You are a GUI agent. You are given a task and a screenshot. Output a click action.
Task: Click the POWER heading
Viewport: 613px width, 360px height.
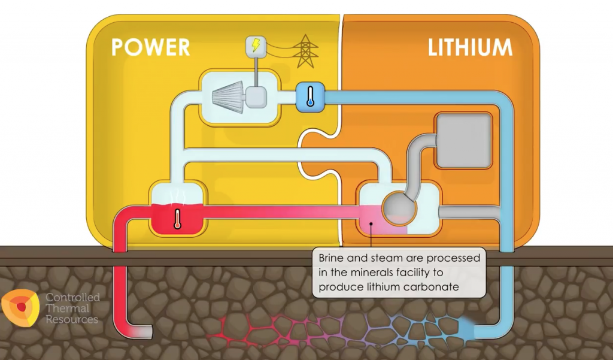[150, 47]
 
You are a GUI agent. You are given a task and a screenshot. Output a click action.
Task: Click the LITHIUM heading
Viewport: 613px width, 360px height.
[470, 47]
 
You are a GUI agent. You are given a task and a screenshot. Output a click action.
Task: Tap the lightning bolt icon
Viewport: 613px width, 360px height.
[256, 46]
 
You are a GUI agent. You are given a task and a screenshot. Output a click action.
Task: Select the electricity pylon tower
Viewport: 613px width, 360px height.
[305, 51]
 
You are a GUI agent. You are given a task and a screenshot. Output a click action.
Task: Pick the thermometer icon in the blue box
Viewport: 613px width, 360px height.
[310, 96]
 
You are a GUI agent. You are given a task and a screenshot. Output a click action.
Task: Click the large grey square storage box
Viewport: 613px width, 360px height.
[463, 140]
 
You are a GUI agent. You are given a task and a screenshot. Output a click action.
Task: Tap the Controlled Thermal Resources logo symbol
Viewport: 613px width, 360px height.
[21, 307]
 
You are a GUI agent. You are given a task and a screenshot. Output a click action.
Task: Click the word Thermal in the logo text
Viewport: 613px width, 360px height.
[67, 308]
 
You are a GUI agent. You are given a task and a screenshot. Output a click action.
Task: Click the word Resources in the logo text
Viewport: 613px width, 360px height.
[72, 319]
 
